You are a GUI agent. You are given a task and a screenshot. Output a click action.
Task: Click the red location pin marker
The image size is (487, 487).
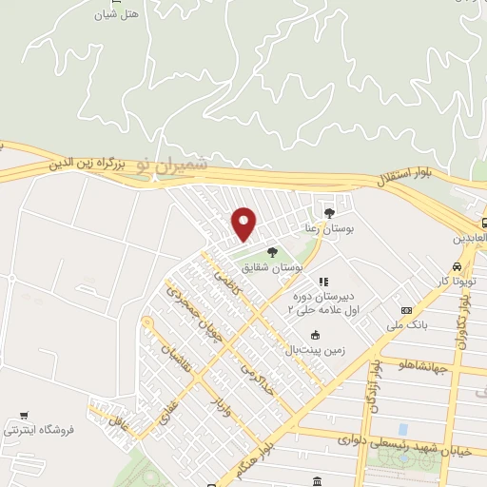pos(244,224)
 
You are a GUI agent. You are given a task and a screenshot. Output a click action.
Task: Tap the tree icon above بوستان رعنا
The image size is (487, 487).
pos(329,212)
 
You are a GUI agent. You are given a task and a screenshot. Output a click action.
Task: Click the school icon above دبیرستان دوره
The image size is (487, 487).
pos(323,282)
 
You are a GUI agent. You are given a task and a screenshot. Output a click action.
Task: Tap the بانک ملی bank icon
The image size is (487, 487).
pos(407,310)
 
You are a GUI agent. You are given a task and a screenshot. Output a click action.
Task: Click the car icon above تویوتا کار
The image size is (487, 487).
pos(458,266)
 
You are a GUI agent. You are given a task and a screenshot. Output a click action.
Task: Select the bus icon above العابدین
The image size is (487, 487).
pos(485,223)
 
